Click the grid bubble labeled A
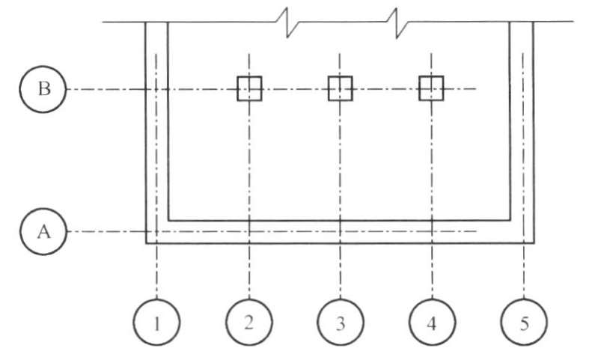pos(44,231)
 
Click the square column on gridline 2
pos(249,88)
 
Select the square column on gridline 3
pos(341,88)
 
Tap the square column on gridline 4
pos(432,88)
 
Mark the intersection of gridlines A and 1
pos(156,231)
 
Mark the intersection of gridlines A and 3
pos(341,231)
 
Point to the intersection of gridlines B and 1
pos(156,89)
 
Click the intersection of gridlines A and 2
pos(249,231)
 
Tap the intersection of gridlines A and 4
pos(432,231)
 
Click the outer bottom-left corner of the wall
pos(146,243)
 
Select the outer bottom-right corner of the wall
pos(534,243)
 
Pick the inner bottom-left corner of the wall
pos(168,221)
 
